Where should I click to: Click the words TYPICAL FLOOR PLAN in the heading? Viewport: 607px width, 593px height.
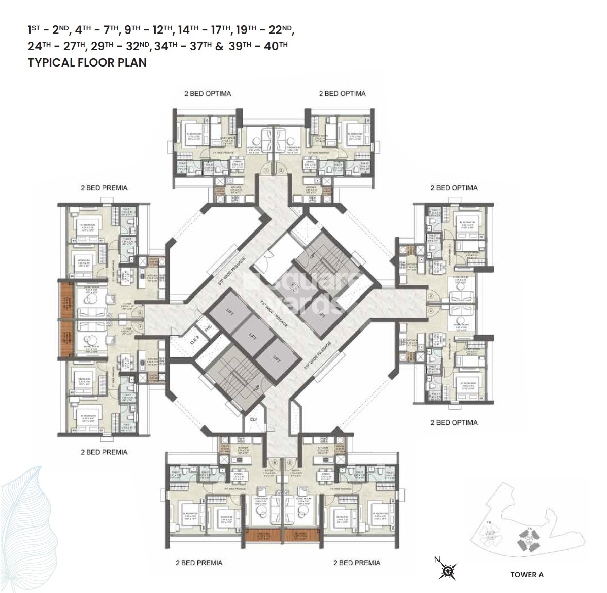87,62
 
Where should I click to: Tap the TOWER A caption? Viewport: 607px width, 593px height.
526,574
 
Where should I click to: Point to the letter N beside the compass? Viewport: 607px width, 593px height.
436,559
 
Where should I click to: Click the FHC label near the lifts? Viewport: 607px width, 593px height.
207,327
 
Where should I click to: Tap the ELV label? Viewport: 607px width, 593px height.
254,419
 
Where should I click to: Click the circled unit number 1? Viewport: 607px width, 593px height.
265,171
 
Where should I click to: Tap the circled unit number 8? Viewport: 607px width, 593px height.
139,313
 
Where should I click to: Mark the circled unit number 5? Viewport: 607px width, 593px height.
289,462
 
